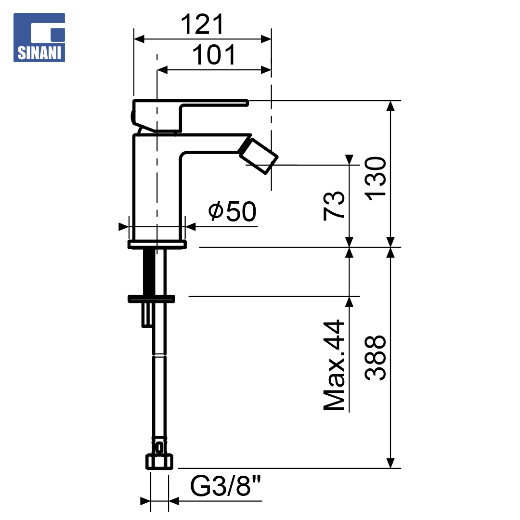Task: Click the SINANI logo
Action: click(39, 38)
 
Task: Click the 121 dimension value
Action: click(202, 24)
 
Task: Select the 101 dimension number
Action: click(214, 55)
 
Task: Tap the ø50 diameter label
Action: click(232, 211)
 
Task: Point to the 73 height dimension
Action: click(334, 206)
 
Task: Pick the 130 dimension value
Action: click(376, 179)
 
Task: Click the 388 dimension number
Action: click(376, 358)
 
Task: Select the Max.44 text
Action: click(334, 365)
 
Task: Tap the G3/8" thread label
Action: click(225, 486)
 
